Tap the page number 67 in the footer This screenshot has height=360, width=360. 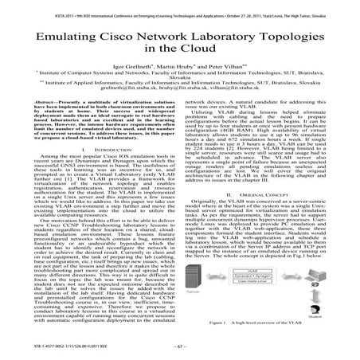180,348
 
